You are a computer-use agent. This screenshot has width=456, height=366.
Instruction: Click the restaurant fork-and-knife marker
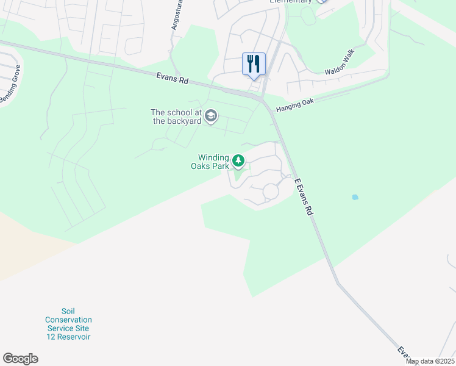254,63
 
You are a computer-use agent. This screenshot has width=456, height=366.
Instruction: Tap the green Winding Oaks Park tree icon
239,161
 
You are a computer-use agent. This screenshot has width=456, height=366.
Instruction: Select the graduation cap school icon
211,116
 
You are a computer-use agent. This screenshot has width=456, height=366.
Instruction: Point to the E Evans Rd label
303,197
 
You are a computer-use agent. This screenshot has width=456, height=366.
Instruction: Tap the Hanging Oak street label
294,104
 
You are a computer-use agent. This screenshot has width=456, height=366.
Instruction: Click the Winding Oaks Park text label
210,161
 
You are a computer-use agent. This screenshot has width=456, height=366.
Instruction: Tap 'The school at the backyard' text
177,116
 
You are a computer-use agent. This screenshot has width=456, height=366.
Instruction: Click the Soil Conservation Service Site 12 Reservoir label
68,324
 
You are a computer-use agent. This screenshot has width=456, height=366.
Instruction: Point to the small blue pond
355,198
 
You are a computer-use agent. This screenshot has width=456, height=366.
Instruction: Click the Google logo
20,358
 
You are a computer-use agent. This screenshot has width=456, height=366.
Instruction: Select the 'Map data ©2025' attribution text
430,361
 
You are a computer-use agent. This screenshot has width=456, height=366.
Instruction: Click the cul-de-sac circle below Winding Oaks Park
270,192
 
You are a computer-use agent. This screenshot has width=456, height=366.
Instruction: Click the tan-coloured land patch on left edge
24,244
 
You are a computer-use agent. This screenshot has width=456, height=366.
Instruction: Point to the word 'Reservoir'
68,337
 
